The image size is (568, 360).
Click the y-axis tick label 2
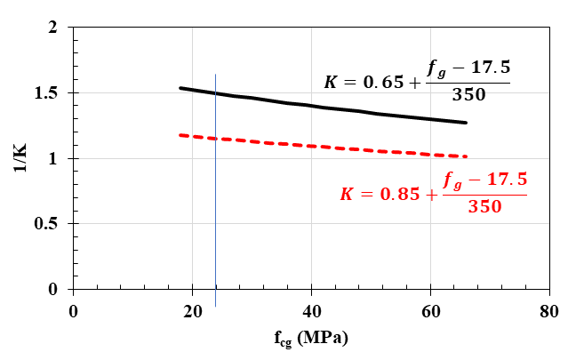(52, 28)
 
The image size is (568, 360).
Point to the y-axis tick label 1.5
(47, 93)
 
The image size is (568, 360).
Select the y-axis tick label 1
(52, 159)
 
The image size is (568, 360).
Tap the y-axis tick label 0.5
(47, 224)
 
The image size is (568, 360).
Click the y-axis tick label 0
(52, 289)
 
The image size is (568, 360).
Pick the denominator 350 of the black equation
(469, 96)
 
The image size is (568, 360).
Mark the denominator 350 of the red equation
(485, 207)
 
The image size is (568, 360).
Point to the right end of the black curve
(466, 123)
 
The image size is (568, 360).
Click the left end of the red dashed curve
(180, 135)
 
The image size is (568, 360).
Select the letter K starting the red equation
(347, 194)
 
